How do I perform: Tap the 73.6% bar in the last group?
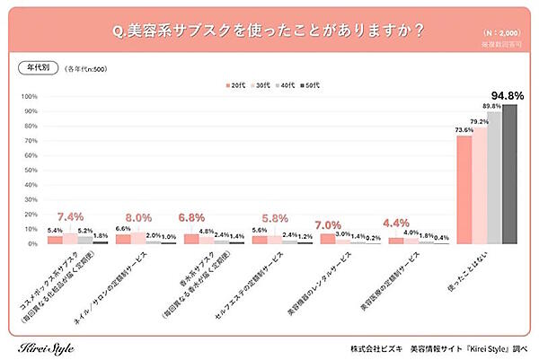click(464, 189)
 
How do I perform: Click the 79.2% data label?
click(478, 121)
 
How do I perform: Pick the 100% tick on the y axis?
click(29, 97)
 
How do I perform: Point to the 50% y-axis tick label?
click(31, 171)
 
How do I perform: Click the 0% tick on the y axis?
click(32, 244)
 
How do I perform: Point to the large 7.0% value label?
click(331, 224)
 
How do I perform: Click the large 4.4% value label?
click(397, 222)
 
